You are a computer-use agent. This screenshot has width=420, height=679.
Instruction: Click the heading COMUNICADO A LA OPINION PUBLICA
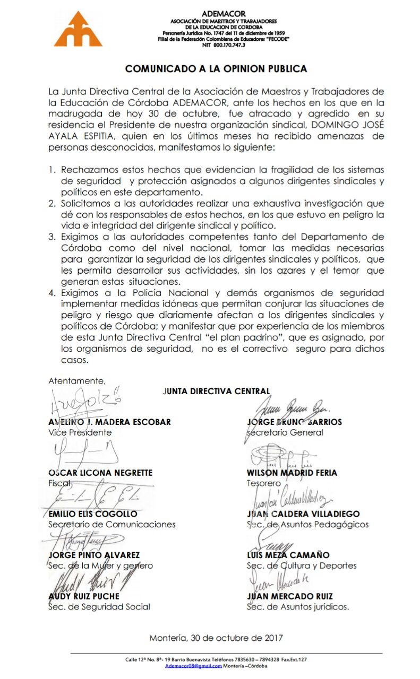(x=216, y=69)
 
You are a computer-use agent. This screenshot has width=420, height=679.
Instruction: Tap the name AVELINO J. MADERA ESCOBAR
(x=109, y=422)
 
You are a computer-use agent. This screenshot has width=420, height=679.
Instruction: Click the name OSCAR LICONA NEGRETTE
(x=100, y=473)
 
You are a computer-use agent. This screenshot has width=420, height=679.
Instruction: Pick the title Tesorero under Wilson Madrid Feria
(x=264, y=483)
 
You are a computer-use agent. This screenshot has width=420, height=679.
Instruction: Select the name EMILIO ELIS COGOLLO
(x=93, y=513)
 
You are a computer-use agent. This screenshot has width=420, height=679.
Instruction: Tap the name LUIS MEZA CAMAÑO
(x=288, y=555)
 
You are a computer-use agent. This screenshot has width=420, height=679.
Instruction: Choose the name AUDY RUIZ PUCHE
(x=84, y=596)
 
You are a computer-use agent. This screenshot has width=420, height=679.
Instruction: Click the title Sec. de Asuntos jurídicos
(x=298, y=607)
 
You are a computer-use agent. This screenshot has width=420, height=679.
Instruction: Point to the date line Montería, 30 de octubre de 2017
(x=216, y=638)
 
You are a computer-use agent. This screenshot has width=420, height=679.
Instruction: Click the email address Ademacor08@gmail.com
(x=193, y=666)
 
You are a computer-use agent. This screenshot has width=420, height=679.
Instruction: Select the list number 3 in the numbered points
(x=52, y=236)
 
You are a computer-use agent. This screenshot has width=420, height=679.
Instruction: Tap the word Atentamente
(x=77, y=380)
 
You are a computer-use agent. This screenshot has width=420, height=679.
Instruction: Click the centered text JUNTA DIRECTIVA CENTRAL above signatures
(x=216, y=391)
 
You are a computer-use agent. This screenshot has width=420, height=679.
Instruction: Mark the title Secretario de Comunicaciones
(x=112, y=524)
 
